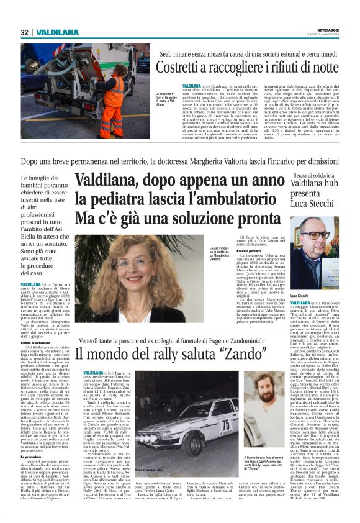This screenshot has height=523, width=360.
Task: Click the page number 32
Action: [x=24, y=32]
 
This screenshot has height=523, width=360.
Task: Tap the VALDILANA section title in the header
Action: [x=56, y=32]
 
